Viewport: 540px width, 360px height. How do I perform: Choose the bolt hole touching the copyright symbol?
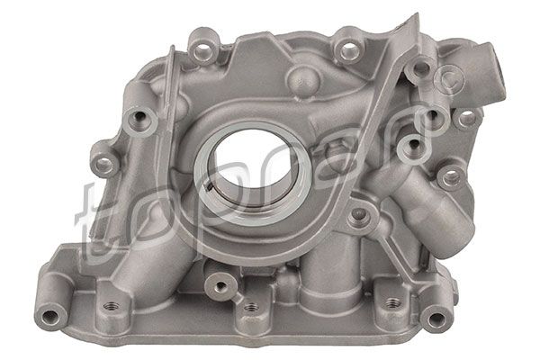point(419,70)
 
